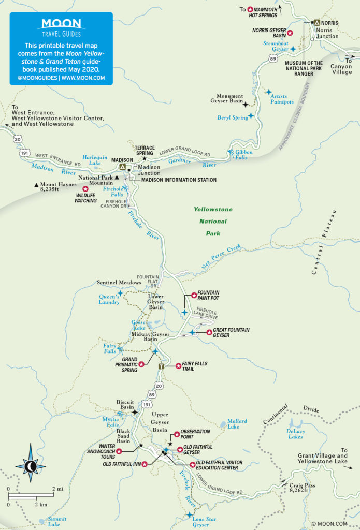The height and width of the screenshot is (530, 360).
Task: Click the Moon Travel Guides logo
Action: [x=61, y=27]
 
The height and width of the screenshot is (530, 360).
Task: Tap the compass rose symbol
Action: [x=31, y=466]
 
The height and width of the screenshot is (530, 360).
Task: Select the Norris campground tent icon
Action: [x=316, y=23]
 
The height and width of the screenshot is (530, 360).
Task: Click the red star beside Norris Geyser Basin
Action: [x=290, y=33]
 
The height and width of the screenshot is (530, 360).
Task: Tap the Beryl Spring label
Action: [x=232, y=118]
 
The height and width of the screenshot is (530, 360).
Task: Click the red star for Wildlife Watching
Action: [x=85, y=189]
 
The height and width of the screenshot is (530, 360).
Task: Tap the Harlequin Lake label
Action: [x=95, y=159]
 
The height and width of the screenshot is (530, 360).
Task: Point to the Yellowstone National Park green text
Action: [x=213, y=222]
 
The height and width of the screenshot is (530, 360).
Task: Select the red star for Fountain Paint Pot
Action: [x=194, y=295]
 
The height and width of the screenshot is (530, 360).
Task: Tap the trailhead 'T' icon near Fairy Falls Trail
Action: [x=162, y=366]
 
